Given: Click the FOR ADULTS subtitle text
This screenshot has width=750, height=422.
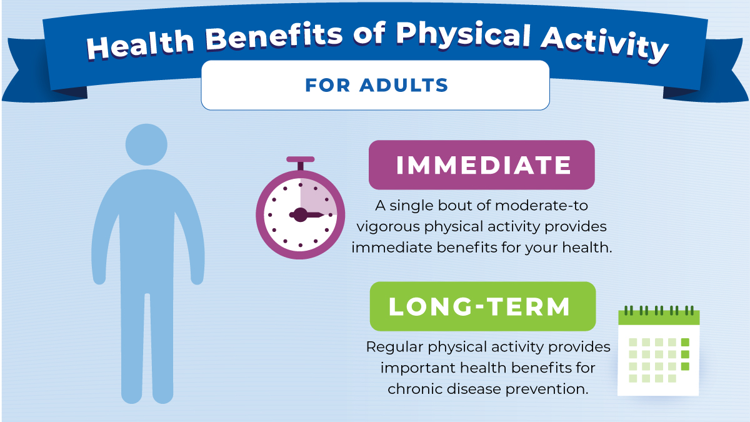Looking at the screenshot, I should (376, 85).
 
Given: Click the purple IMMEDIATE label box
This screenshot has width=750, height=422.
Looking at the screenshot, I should (481, 165).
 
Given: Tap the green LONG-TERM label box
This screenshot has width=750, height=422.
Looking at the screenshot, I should (481, 306).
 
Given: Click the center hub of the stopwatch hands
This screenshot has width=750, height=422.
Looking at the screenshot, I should (300, 215).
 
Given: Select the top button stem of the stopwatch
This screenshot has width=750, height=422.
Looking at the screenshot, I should (300, 165).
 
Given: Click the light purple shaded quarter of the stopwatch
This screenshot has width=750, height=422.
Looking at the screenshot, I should (317, 197).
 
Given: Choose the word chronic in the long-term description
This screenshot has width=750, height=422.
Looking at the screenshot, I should (414, 388).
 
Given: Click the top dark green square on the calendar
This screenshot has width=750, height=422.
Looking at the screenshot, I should (684, 342).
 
